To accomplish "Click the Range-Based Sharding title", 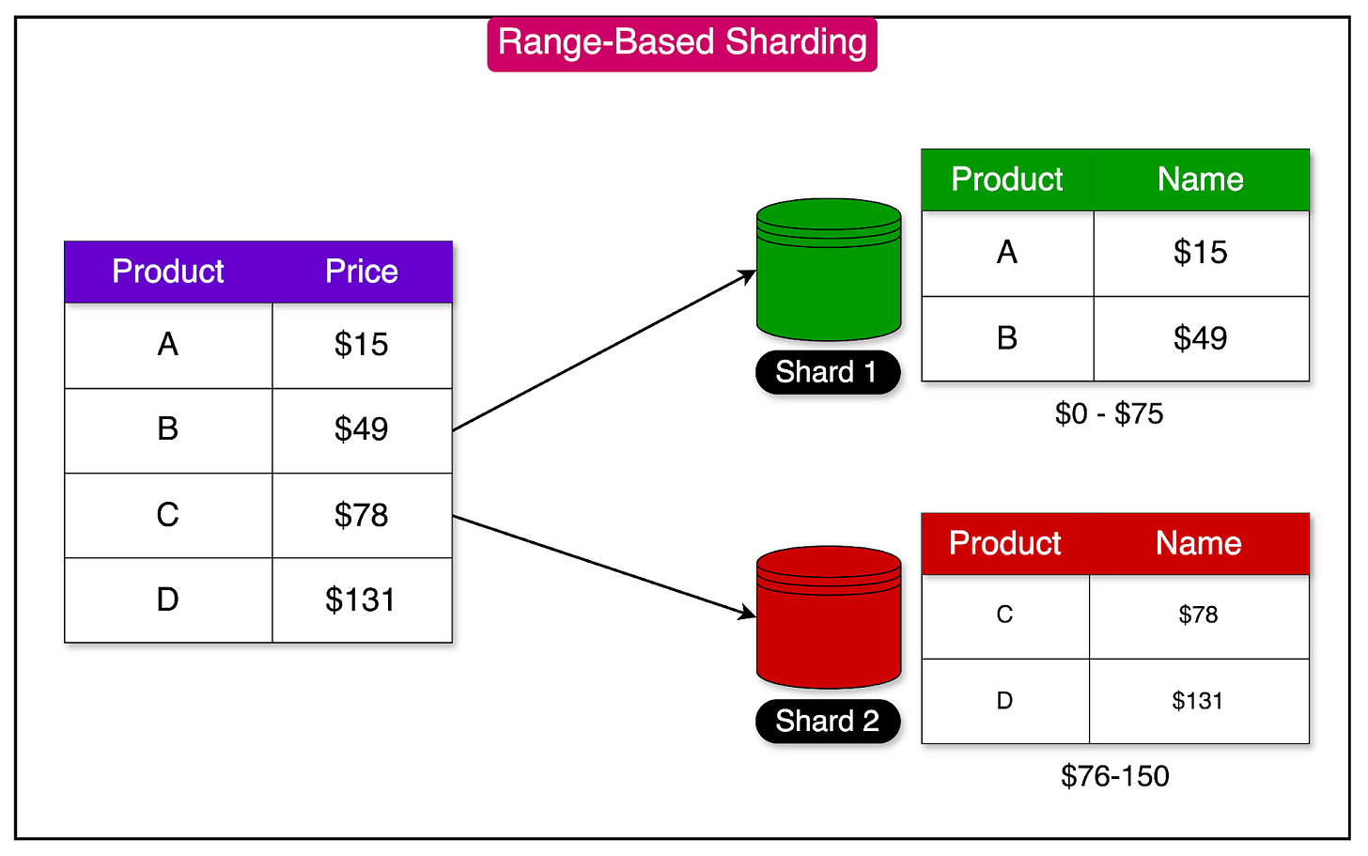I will point(682,43).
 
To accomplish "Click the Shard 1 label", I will point(827,372).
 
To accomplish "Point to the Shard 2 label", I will point(827,721).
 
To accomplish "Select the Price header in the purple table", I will point(362,272).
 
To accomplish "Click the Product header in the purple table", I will point(168,272).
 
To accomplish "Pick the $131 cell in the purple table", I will point(361,599).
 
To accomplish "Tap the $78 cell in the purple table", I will point(361,515).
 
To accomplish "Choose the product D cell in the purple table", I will point(167,599).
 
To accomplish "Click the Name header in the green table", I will point(1200,179).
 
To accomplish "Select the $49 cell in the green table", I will point(1200,338).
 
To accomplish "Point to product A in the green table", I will point(1006,252).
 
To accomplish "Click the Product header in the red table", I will point(1004,543).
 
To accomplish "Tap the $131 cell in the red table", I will point(1197,701).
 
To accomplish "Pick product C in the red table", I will point(1004,615).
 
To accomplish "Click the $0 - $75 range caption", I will point(1109,413).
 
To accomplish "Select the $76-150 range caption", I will point(1114,776).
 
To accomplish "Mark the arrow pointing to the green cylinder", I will point(603,350).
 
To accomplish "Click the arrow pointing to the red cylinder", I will point(603,567).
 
